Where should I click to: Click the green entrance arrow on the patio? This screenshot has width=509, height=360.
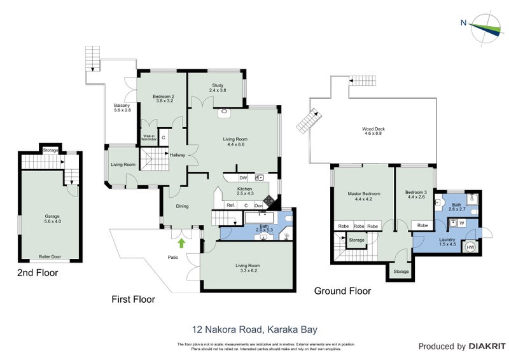[x=183, y=242]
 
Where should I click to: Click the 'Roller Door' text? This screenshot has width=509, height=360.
[x=50, y=256]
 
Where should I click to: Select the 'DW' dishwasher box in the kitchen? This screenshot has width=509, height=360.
[x=244, y=177]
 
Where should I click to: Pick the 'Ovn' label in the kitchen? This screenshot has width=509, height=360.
[x=259, y=205]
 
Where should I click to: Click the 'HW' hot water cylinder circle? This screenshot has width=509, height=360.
[x=471, y=247]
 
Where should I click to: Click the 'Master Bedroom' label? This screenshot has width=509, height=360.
[x=364, y=196]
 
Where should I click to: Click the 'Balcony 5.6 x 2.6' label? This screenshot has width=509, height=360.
[x=122, y=107]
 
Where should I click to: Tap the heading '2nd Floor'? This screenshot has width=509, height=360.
[x=38, y=273]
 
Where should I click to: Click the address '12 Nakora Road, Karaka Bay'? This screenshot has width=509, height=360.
[x=254, y=329]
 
